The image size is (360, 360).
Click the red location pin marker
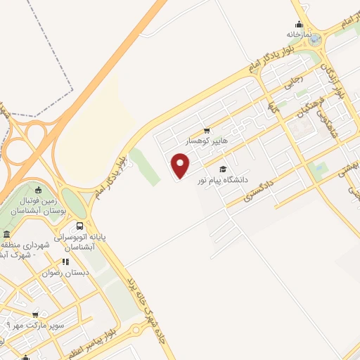[181, 165]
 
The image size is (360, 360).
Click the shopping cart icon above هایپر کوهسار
[206, 130]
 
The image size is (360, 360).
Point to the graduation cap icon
[224, 169]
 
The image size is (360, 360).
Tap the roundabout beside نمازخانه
[314, 39]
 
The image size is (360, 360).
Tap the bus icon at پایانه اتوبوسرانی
[79, 226]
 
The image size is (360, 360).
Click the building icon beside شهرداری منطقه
[6, 234]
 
